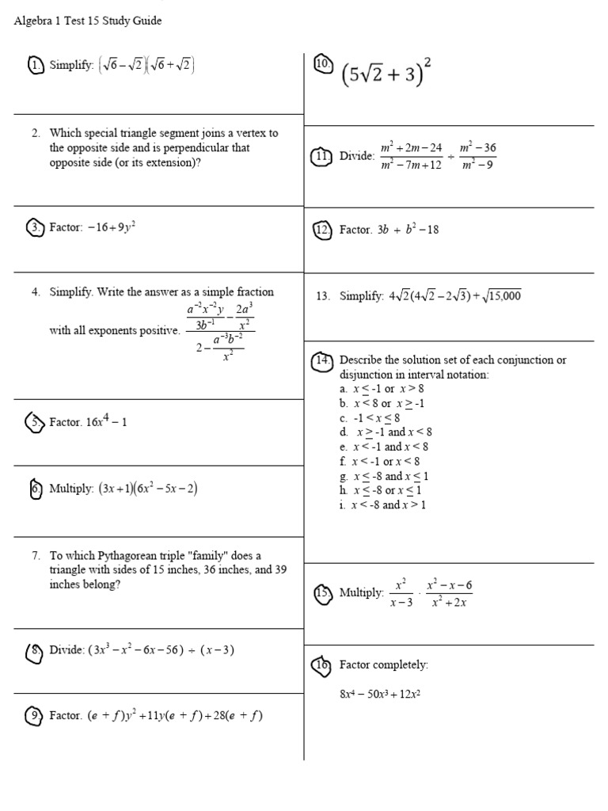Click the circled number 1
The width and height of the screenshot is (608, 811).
click(x=36, y=66)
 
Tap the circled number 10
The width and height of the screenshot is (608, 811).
click(x=322, y=66)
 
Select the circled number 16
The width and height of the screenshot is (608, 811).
click(x=322, y=664)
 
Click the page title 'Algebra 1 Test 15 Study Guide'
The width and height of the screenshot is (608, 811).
click(x=88, y=21)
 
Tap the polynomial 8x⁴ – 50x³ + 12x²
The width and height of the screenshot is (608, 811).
click(x=379, y=695)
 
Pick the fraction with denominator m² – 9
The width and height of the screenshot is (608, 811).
click(x=477, y=156)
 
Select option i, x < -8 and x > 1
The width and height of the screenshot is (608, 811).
click(x=388, y=504)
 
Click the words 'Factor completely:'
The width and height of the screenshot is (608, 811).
click(x=383, y=664)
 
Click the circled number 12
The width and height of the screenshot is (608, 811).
click(x=322, y=230)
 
